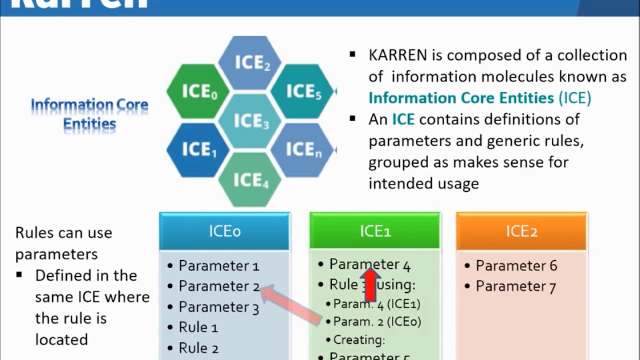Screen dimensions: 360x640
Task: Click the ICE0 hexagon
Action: click(199, 91)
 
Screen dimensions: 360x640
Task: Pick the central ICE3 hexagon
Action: click(251, 121)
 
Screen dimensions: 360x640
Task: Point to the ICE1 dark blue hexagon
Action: click(199, 149)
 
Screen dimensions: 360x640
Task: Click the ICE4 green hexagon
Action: click(251, 179)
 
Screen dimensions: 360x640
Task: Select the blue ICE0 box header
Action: click(225, 231)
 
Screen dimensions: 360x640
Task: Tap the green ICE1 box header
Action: click(375, 231)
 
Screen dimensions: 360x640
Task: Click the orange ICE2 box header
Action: click(521, 231)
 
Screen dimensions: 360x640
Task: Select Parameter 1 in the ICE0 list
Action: click(219, 265)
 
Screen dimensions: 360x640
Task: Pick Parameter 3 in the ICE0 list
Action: click(219, 307)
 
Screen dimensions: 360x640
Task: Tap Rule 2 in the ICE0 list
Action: click(198, 348)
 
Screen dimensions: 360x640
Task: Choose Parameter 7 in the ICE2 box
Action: click(516, 286)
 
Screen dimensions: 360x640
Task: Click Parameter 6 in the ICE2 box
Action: click(516, 265)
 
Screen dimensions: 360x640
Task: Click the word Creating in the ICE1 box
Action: click(359, 340)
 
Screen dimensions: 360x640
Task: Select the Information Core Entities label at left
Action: click(90, 114)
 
